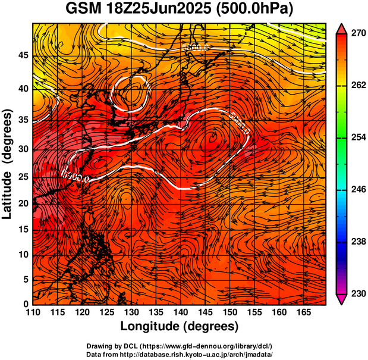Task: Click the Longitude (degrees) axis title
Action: coord(180,327)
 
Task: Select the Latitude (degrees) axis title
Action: coord(8,164)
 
